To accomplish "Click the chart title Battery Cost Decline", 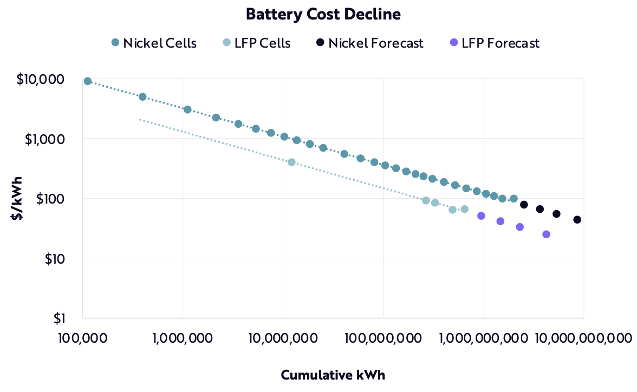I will pyautogui.click(x=323, y=15).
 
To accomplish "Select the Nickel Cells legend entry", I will pyautogui.click(x=153, y=43).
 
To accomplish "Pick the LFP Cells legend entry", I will pyautogui.click(x=255, y=43).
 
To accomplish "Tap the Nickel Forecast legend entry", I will pyautogui.click(x=369, y=43).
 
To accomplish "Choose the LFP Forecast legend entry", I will pyautogui.click(x=494, y=43).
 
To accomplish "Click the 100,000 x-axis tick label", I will pyautogui.click(x=82, y=338).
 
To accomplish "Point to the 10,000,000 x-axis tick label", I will pyautogui.click(x=283, y=338).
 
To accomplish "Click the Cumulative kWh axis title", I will pyautogui.click(x=333, y=375).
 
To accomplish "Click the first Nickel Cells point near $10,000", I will pyautogui.click(x=88, y=81).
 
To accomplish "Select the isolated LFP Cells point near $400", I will pyautogui.click(x=291, y=162).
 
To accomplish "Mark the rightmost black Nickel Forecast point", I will pyautogui.click(x=577, y=220).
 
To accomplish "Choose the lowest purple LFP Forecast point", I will pyautogui.click(x=546, y=234).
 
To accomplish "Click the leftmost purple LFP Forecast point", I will pyautogui.click(x=481, y=216).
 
